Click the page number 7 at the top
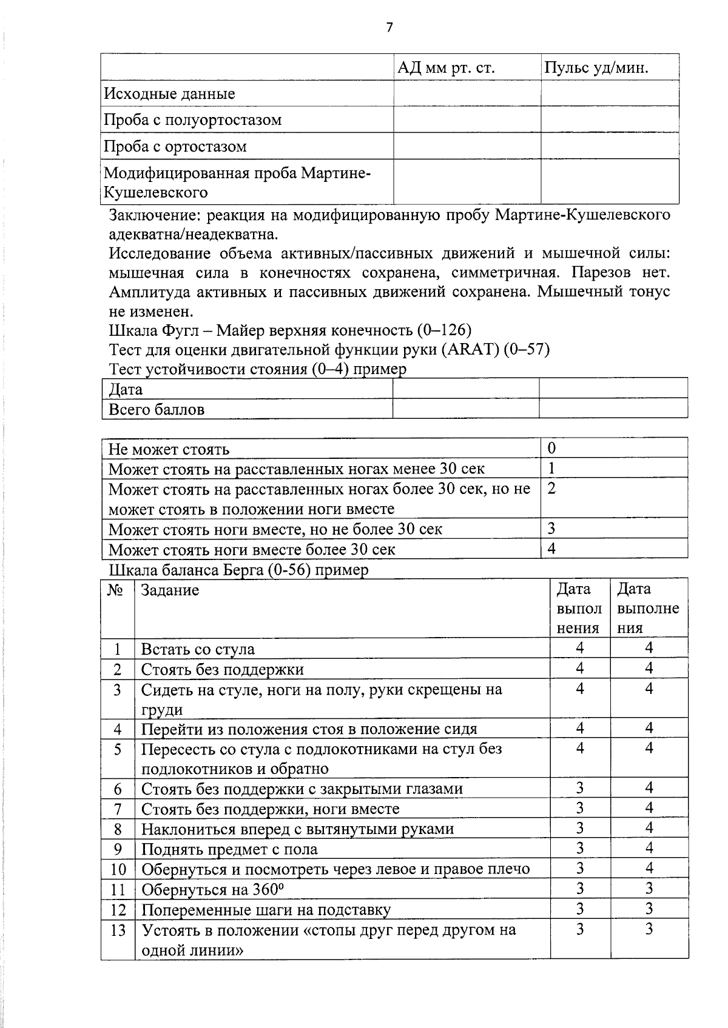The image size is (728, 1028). (x=389, y=27)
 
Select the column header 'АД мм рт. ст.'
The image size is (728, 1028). (x=446, y=68)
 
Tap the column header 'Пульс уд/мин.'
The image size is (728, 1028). (x=596, y=68)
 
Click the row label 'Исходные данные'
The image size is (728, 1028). (x=169, y=94)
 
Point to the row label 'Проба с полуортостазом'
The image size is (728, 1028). (x=192, y=120)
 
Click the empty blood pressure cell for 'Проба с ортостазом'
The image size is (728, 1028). (x=467, y=146)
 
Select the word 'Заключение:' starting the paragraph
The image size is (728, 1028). (x=154, y=215)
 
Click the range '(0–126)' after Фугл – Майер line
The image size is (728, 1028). (x=444, y=330)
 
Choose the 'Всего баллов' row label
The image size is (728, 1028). (x=156, y=409)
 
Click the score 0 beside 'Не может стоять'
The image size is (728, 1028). (x=551, y=449)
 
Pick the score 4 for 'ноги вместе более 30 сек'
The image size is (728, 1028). (x=551, y=549)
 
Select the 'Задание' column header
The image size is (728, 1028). (x=170, y=590)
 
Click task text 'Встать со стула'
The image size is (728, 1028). (x=198, y=649)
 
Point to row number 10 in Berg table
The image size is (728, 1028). (x=118, y=869)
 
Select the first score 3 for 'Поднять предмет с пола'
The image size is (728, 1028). (x=579, y=848)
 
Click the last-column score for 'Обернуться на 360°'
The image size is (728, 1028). (x=649, y=889)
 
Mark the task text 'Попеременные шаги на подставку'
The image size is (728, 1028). (x=266, y=910)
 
